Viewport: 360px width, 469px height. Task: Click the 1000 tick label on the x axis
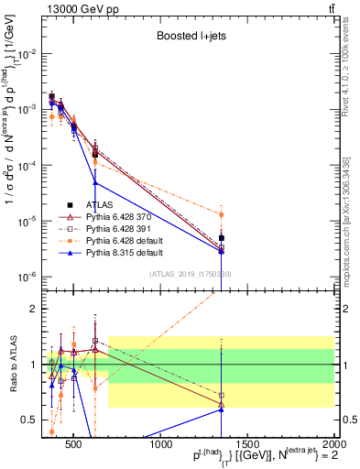162,444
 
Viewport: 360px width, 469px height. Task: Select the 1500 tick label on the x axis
248,444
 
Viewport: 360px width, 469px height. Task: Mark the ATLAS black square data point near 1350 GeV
221,238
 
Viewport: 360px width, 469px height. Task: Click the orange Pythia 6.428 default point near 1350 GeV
221,214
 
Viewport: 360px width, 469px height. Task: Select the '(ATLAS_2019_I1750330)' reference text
190,274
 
